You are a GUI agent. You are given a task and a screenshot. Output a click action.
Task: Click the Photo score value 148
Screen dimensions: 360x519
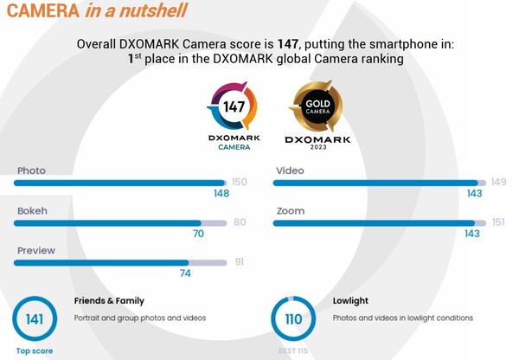pos(221,193)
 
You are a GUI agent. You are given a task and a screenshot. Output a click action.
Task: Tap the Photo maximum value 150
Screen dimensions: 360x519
pos(240,182)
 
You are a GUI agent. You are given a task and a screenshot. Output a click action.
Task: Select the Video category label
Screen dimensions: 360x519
pos(290,170)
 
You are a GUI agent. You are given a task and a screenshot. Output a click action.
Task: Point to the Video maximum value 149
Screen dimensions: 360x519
pos(497,182)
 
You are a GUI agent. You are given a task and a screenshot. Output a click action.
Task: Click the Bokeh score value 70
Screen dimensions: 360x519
pos(198,234)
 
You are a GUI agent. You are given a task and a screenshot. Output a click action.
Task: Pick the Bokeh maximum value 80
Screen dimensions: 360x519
pos(240,222)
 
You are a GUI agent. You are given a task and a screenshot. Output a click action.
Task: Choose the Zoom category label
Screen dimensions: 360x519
pos(290,210)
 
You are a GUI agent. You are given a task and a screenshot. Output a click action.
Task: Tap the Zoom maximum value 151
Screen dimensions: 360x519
pos(497,222)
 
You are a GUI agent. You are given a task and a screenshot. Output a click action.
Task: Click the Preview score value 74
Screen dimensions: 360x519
pos(185,273)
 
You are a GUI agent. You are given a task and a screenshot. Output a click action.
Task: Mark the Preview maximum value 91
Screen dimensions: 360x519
pos(240,262)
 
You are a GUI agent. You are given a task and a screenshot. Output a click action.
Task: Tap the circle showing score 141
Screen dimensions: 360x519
pos(34,319)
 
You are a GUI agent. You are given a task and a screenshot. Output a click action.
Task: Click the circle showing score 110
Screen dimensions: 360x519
pos(293,319)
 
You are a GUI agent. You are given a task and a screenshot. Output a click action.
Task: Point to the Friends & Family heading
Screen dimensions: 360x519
pos(109,301)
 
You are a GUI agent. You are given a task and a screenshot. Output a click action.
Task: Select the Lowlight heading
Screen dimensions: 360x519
pos(351,301)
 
